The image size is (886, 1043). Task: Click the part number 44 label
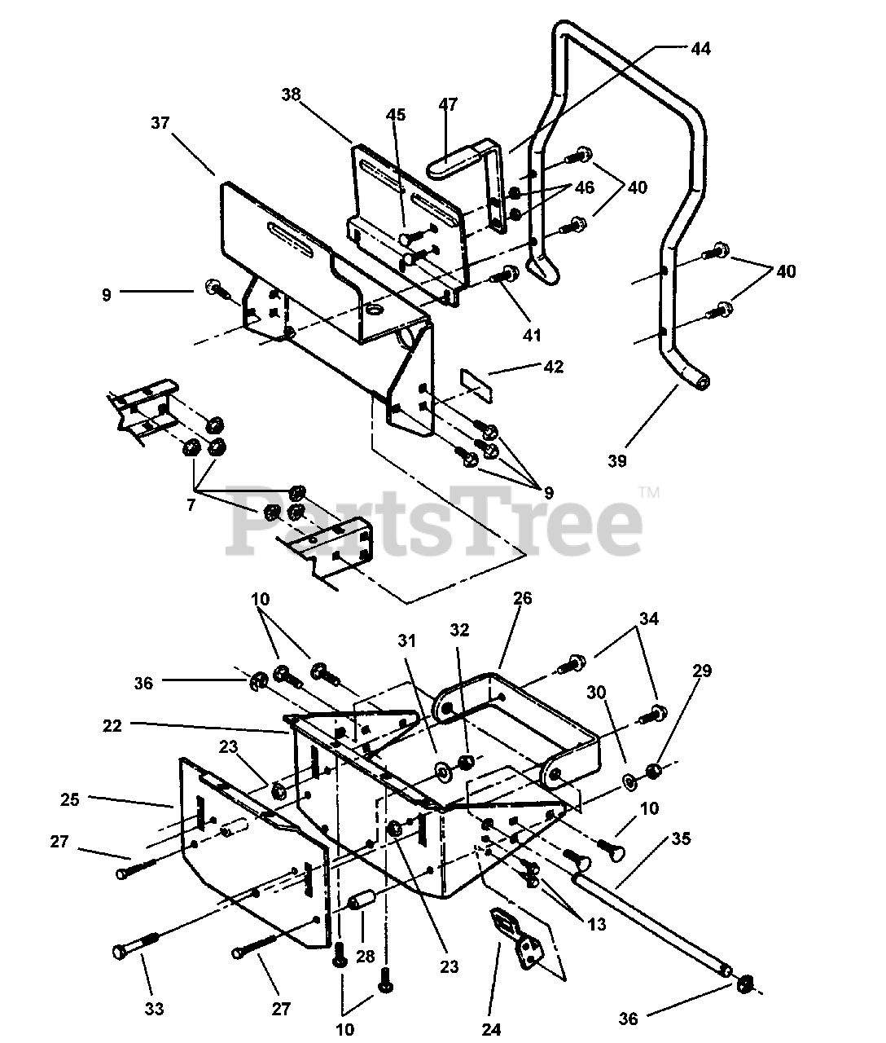click(700, 49)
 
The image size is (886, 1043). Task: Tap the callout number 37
click(160, 123)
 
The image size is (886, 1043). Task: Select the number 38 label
click(292, 95)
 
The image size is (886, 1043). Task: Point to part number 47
click(448, 104)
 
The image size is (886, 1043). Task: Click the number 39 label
click(617, 461)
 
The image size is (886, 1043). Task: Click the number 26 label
click(522, 598)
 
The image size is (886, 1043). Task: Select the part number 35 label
click(681, 838)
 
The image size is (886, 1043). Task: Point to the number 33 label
click(154, 1010)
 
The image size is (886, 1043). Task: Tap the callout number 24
click(491, 1029)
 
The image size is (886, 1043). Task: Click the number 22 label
click(113, 726)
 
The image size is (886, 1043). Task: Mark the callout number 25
click(70, 799)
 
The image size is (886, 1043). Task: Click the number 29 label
click(702, 671)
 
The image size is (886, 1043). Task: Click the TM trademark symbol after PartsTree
click(649, 492)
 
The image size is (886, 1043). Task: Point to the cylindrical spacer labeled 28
click(361, 903)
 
